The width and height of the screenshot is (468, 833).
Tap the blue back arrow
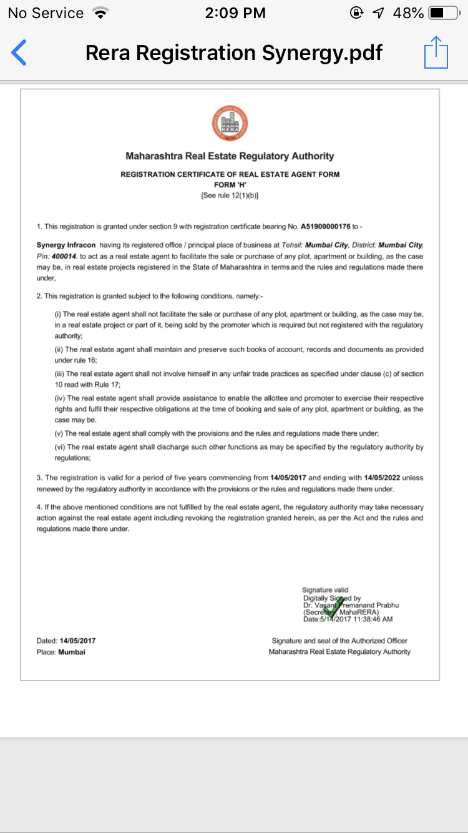(x=19, y=52)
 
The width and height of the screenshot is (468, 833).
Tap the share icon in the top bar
(x=436, y=52)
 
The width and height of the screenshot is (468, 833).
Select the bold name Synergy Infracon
(x=66, y=245)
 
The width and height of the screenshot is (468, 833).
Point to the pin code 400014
(x=63, y=256)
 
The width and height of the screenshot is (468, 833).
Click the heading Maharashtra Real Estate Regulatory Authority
(x=230, y=156)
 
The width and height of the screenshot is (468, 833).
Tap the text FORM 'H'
(x=230, y=185)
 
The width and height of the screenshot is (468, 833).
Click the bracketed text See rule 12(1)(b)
(x=230, y=195)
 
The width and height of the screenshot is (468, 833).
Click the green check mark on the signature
(x=333, y=606)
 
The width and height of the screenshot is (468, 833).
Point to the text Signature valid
(x=325, y=589)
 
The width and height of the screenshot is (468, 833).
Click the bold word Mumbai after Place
(x=72, y=652)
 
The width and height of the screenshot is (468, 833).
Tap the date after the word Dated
(x=77, y=641)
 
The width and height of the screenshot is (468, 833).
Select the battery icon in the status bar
(x=444, y=13)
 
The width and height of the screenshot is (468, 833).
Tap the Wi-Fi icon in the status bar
(x=99, y=13)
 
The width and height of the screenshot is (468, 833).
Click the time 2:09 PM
(x=235, y=13)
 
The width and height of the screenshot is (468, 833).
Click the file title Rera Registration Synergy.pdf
(x=233, y=52)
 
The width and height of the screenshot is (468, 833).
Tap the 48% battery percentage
(x=408, y=13)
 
